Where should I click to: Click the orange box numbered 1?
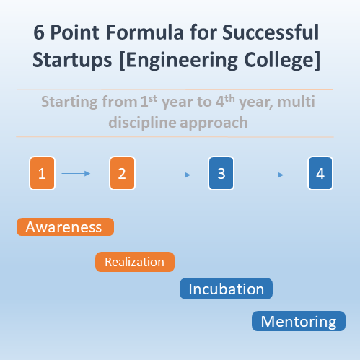point(42,173)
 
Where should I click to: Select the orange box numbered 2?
point(122,173)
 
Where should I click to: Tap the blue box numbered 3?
point(221,173)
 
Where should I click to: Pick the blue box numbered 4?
point(320,173)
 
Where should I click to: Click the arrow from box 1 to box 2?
point(76,173)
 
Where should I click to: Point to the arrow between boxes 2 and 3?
point(176,175)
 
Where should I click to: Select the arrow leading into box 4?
point(269,175)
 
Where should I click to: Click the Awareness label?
point(65,227)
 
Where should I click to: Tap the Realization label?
point(135,262)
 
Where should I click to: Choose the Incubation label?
point(226,289)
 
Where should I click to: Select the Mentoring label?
point(299,321)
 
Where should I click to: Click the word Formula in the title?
point(145,32)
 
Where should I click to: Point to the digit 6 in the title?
point(39,32)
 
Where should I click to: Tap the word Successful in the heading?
point(271,32)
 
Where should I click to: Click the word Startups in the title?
point(72,60)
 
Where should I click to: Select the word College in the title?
point(280,60)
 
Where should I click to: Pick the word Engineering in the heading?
point(182,60)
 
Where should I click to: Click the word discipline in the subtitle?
point(142,123)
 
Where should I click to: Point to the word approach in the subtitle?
point(214,123)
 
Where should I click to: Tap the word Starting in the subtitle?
point(69,102)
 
